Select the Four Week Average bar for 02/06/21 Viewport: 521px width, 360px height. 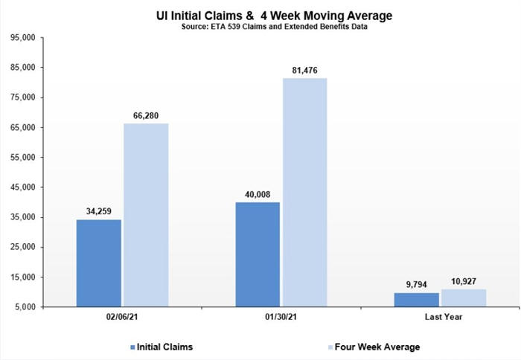tap(145, 215)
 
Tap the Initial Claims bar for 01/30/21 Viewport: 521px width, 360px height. tap(257, 254)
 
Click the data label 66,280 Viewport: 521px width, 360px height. tap(145, 115)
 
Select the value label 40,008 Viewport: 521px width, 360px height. tap(257, 194)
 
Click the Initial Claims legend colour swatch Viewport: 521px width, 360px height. tap(132, 347)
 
